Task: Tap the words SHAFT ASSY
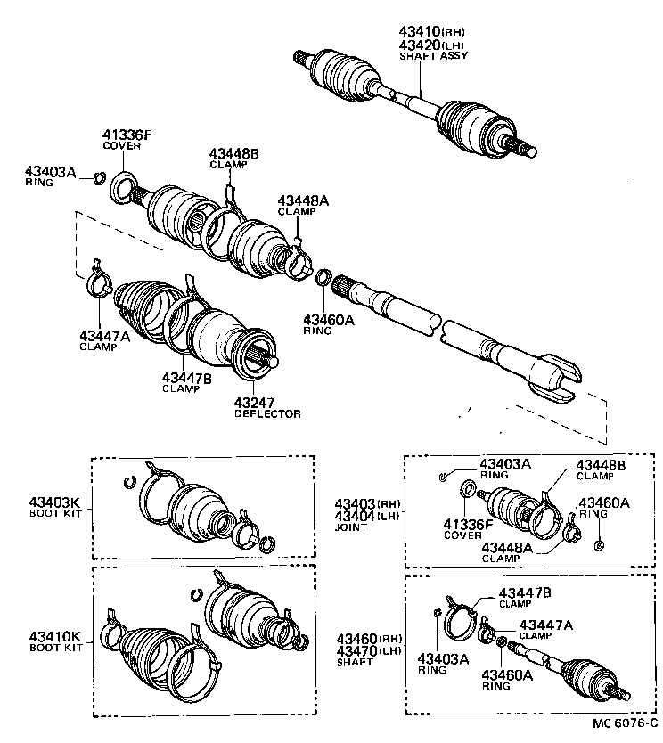[433, 55]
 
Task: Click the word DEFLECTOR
[267, 414]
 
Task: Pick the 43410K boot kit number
[54, 636]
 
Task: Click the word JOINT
[352, 527]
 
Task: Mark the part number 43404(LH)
[368, 517]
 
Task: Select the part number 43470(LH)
[368, 651]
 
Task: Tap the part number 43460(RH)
[368, 640]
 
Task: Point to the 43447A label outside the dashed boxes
[104, 336]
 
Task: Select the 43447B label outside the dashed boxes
[186, 377]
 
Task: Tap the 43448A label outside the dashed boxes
[302, 200]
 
